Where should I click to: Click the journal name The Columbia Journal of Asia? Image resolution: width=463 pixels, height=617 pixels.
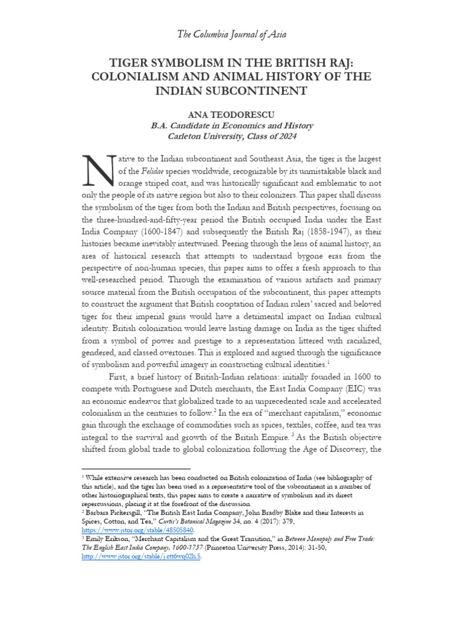pos(231,34)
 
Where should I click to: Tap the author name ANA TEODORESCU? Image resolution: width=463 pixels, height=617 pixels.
pos(231,114)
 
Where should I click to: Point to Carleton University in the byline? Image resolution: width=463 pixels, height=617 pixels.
pos(188,137)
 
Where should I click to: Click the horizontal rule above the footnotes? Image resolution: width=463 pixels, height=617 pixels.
pos(135,468)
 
